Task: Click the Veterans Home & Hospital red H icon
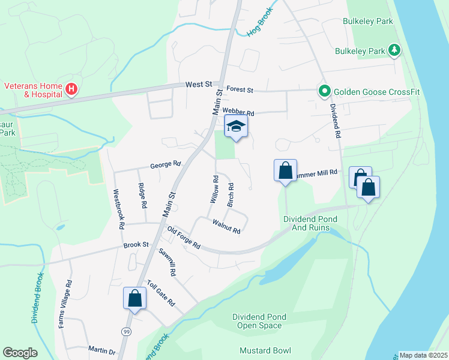click(71, 90)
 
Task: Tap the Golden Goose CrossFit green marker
click(325, 91)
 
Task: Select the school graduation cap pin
click(236, 127)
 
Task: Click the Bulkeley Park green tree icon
click(394, 51)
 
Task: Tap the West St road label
click(199, 86)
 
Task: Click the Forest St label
click(239, 90)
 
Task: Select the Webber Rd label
click(238, 112)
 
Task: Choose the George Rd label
click(165, 164)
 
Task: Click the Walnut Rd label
click(226, 226)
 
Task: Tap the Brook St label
click(136, 245)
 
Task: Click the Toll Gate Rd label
click(160, 292)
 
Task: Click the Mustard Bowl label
click(265, 350)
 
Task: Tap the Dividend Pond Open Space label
click(258, 321)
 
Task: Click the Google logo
click(20, 352)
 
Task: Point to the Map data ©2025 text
click(423, 355)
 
